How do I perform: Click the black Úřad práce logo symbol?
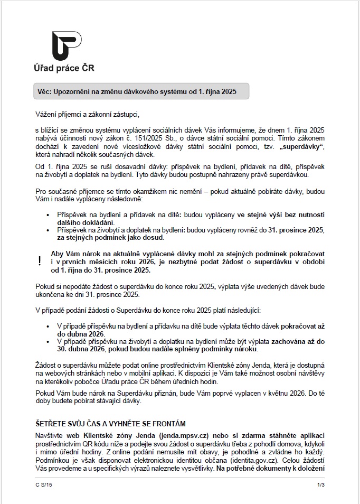66,46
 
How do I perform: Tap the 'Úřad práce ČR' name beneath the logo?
64,68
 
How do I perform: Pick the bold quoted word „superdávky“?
302,146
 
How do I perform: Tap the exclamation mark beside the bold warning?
40,261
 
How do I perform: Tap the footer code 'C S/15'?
42,484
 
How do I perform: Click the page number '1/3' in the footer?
320,484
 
